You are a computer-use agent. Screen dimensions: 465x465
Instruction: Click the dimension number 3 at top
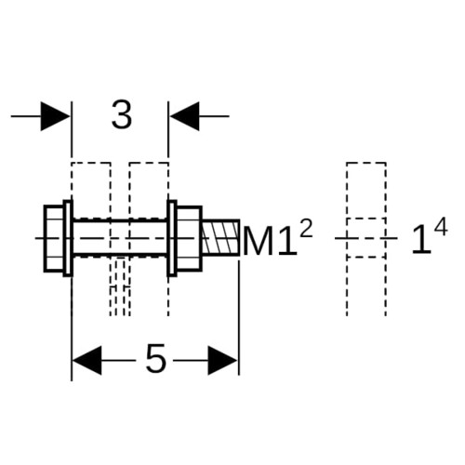point(122,115)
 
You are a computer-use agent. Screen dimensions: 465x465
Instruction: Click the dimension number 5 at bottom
point(155,360)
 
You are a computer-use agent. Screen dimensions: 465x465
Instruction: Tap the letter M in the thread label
point(259,241)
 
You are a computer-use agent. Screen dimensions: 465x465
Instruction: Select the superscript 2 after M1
point(306,231)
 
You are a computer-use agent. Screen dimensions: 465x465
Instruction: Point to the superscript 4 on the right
point(441,227)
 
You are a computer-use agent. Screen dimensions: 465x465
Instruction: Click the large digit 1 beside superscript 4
point(422,240)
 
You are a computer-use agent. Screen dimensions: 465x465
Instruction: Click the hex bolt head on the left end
point(54,238)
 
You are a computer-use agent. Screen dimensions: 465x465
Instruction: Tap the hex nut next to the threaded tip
point(189,238)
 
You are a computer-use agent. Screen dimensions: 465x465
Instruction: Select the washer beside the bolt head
point(68,238)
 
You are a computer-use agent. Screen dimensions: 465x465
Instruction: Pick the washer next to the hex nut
point(172,238)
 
